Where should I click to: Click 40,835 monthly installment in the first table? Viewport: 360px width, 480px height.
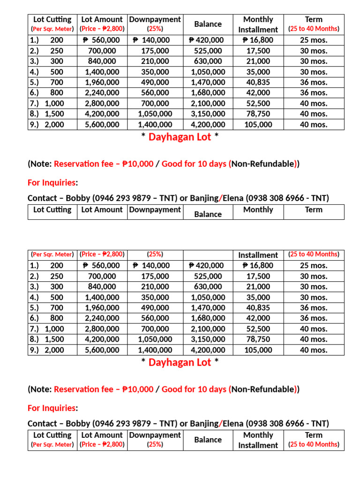pos(258,82)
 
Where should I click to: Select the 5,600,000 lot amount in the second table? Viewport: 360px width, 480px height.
pos(102,350)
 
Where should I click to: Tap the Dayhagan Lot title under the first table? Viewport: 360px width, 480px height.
pos(180,137)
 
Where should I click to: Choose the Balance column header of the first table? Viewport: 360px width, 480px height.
pos(208,24)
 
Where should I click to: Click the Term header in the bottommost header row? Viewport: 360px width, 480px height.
pos(314,435)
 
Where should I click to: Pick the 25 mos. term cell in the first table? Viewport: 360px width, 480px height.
pos(314,40)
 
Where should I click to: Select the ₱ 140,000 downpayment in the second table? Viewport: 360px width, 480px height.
pos(151,265)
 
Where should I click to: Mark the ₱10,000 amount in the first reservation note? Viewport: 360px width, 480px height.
pos(137,164)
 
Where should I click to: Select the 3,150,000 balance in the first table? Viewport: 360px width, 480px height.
pos(208,114)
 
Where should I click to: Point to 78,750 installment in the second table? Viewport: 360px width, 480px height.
pos(258,339)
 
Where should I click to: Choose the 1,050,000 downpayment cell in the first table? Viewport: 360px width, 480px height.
pos(155,114)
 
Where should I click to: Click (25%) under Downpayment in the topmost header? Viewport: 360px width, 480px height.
pos(155,29)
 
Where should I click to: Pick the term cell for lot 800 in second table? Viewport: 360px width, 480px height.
pos(314,318)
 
